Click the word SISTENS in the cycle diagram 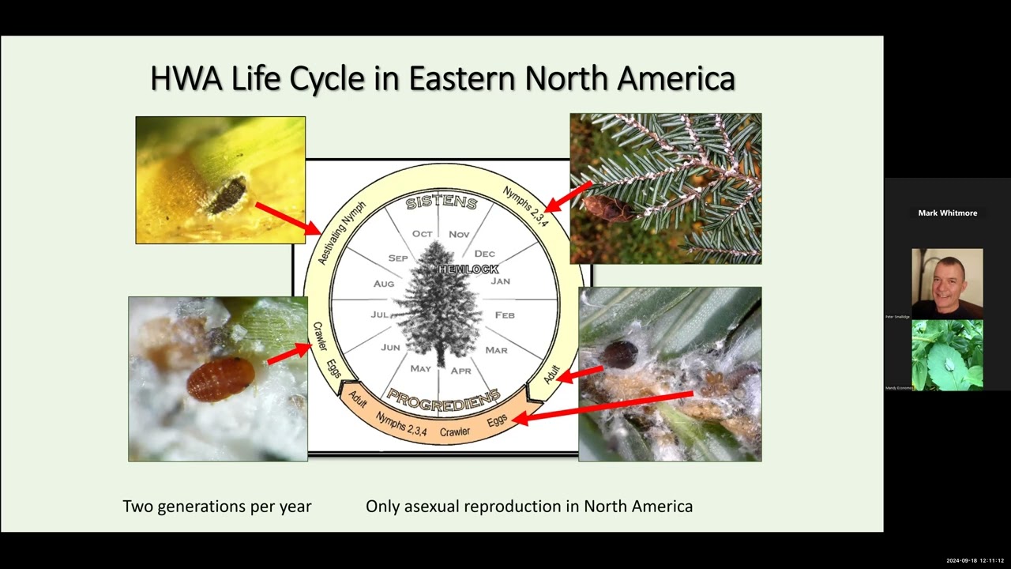pos(442,203)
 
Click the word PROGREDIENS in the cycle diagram pos(443,398)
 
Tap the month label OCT pos(423,234)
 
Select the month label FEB pos(504,315)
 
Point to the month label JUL pos(380,315)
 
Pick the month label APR pos(460,370)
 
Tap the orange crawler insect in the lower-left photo pos(220,379)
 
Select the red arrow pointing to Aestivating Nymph pos(288,219)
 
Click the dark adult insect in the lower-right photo pos(621,355)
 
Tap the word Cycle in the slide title pos(326,78)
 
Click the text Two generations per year pos(217,506)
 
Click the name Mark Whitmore pos(947,213)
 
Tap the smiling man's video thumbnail pos(947,283)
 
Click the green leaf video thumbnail pos(947,355)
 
